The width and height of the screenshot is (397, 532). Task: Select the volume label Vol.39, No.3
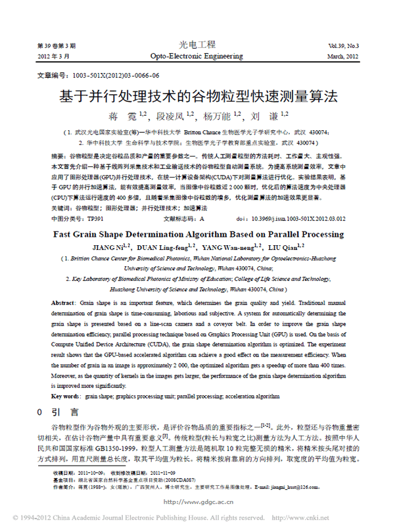343,46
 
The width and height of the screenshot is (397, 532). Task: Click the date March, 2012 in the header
343,57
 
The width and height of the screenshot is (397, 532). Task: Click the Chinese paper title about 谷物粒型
198,97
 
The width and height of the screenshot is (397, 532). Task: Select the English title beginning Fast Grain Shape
197,235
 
